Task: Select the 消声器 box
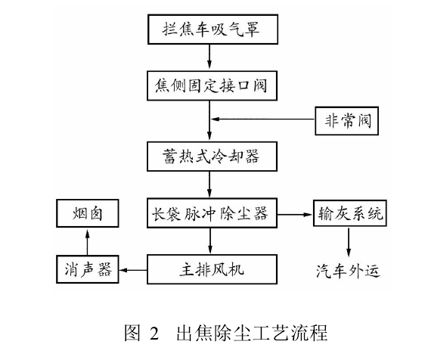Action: click(x=85, y=268)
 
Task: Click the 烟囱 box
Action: click(x=85, y=214)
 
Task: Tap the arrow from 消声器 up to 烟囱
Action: click(x=85, y=241)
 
